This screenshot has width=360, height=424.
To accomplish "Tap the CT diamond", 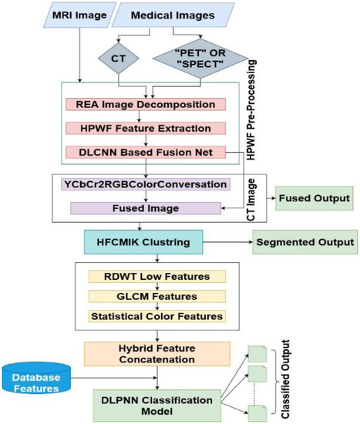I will pyautogui.click(x=113, y=58).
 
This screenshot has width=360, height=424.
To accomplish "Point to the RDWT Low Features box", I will pyautogui.click(x=156, y=276).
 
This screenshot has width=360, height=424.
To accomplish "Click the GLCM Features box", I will pyautogui.click(x=156, y=296).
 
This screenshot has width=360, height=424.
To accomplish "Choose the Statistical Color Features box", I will pyautogui.click(x=156, y=316).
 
